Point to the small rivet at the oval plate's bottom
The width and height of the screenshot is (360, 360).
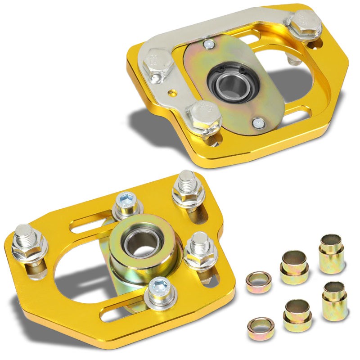click(x=257, y=122)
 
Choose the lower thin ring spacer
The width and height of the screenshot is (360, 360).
click(x=261, y=328)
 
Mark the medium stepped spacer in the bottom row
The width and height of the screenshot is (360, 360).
click(x=298, y=314)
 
